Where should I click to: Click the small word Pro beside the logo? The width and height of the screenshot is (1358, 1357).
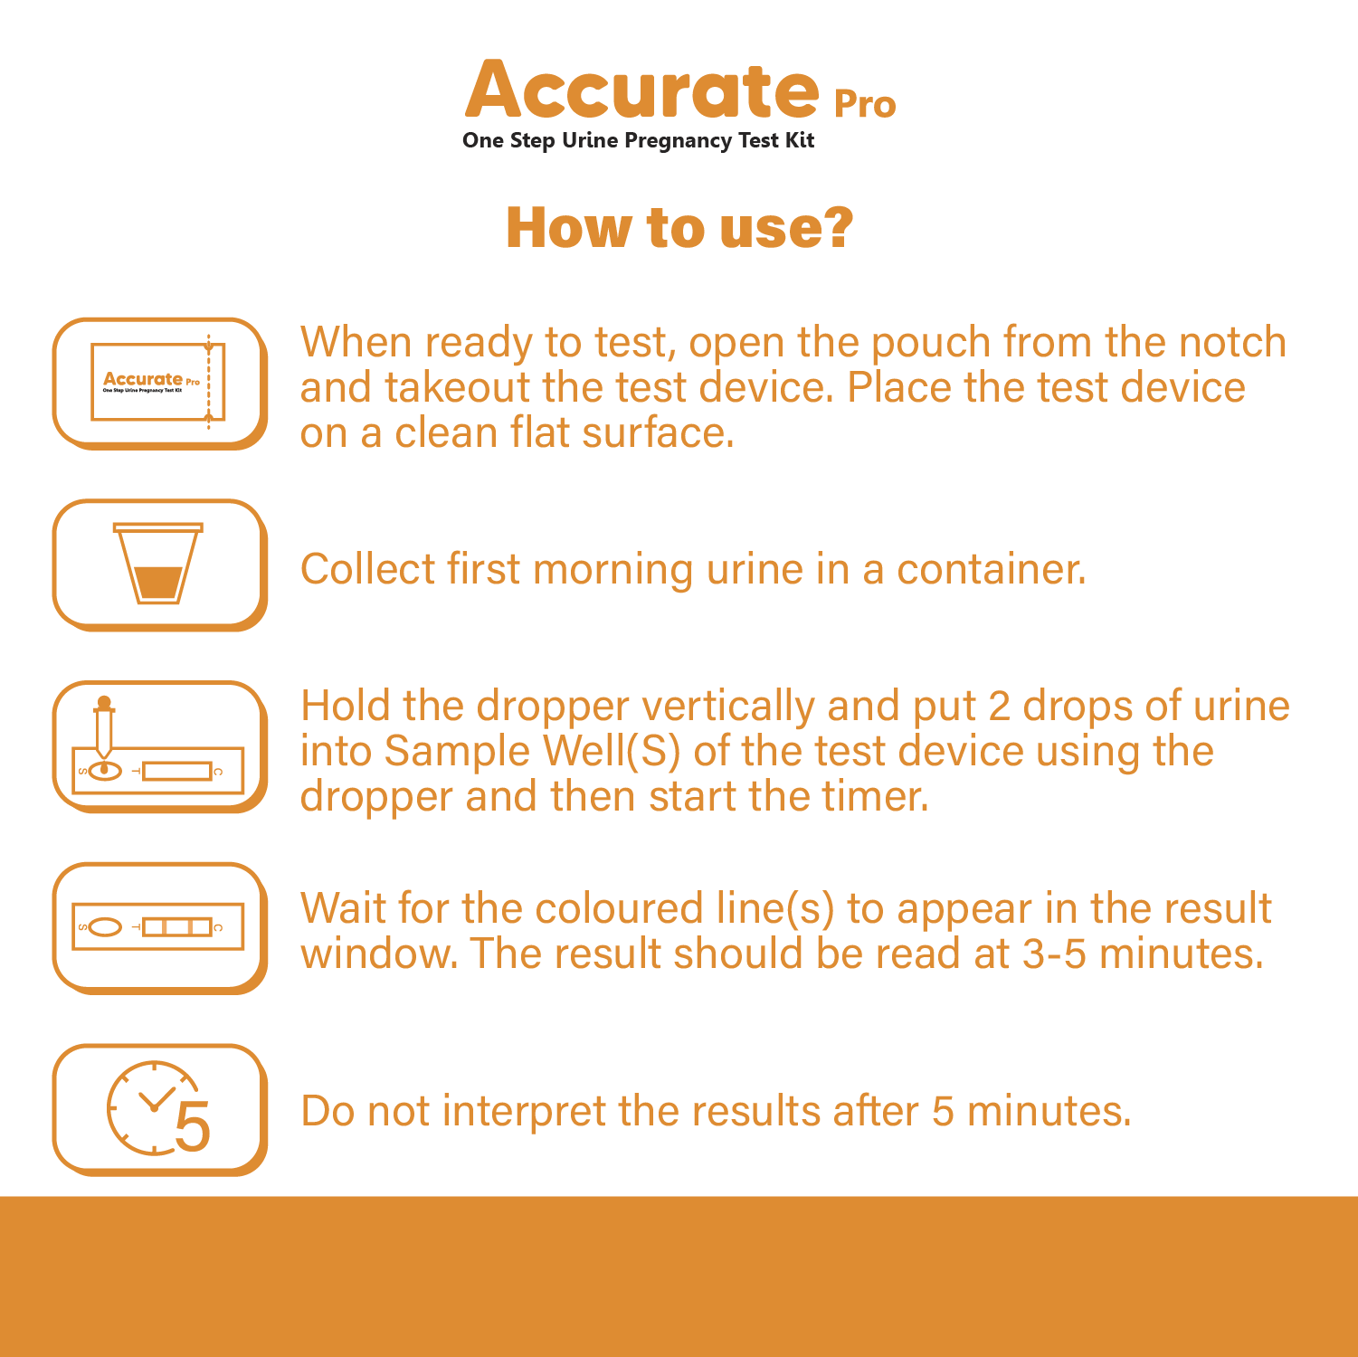pyautogui.click(x=864, y=105)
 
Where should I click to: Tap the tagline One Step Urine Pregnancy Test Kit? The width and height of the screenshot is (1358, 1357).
pyautogui.click(x=638, y=141)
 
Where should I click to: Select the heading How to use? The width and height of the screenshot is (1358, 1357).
pyautogui.click(x=679, y=227)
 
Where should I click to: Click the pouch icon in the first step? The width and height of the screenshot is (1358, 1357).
pyautogui.click(x=157, y=381)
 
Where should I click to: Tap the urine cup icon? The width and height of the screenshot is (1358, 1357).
pyautogui.click(x=158, y=563)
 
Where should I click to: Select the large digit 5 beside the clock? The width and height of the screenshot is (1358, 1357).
pyautogui.click(x=192, y=1126)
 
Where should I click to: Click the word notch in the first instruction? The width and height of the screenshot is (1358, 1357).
pyautogui.click(x=1233, y=342)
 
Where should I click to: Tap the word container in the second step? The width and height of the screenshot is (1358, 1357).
pyautogui.click(x=992, y=569)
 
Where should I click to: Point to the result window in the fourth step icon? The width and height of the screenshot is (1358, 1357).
pyautogui.click(x=177, y=926)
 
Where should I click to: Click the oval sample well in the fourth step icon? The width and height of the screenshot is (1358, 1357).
pyautogui.click(x=106, y=927)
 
